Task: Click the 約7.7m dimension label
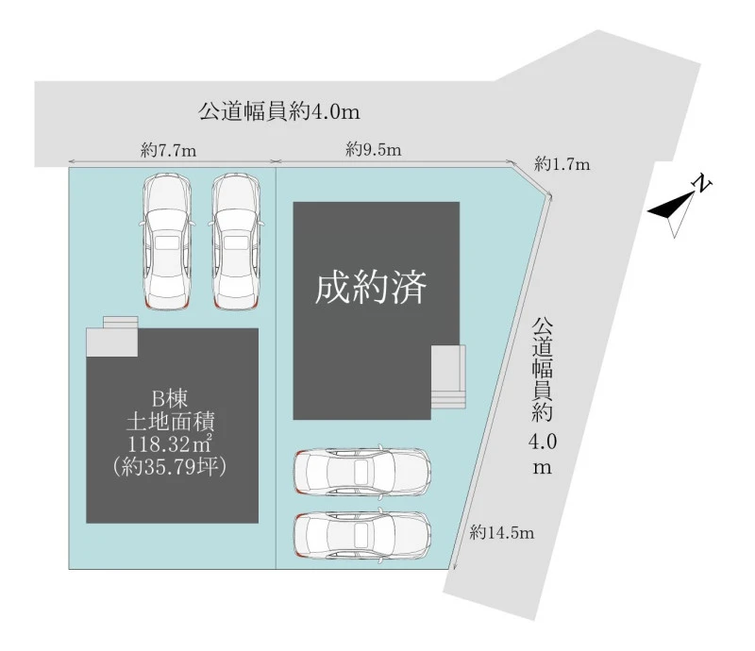click(169, 151)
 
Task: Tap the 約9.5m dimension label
click(373, 150)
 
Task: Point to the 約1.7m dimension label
click(562, 165)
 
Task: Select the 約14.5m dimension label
click(502, 532)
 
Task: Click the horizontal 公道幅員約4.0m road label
click(278, 111)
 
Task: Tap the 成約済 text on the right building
click(371, 288)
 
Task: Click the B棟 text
click(170, 399)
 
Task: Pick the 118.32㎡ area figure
click(171, 444)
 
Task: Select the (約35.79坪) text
click(170, 467)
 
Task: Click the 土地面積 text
click(170, 422)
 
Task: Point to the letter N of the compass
click(701, 183)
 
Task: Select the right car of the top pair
click(236, 242)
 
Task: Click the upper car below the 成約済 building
click(362, 472)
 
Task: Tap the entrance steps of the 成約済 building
click(448, 376)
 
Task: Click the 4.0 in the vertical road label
click(543, 442)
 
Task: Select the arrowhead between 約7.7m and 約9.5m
click(276, 161)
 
